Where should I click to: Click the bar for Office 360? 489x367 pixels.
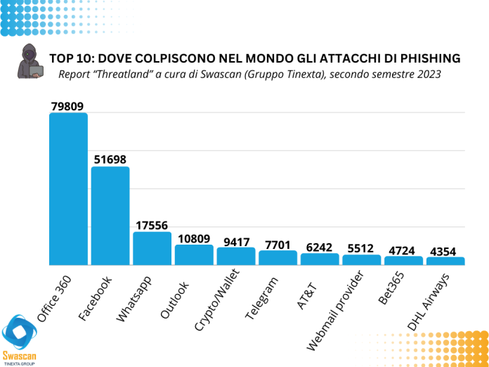[68, 188]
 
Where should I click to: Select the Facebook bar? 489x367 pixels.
[110, 215]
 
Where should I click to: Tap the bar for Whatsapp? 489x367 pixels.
[152, 248]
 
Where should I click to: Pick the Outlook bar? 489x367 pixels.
[194, 255]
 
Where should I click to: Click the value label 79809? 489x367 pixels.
[68, 106]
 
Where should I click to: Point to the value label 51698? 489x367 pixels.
[110, 160]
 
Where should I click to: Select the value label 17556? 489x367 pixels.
[152, 225]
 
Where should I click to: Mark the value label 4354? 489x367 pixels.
[445, 250]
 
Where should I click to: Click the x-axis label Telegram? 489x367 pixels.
[263, 298]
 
